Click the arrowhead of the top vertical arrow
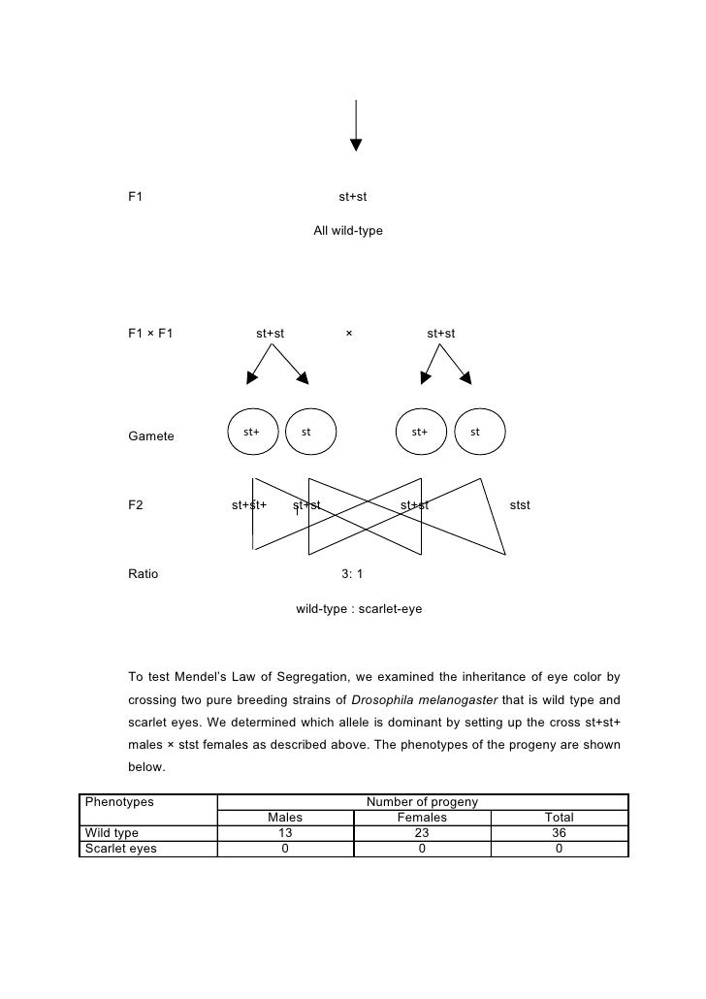356,145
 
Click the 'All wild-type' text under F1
348,232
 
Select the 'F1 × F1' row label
150,334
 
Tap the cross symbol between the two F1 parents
348,334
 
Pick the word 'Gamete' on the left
151,436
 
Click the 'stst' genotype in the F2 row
520,505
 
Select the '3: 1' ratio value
352,573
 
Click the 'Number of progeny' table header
422,802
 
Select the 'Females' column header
422,818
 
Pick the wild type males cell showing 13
285,833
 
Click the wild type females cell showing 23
422,833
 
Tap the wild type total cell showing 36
559,833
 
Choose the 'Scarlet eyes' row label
121,849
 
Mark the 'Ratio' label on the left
144,573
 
